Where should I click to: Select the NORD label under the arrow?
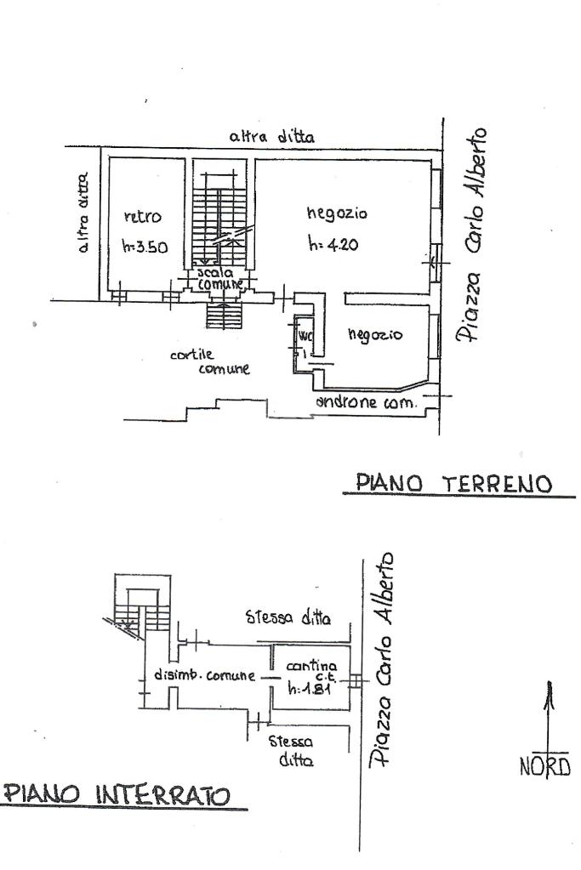(x=545, y=767)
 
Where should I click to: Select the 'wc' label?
(x=305, y=336)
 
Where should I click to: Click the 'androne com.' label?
(x=365, y=402)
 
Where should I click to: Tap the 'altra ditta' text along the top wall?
(x=271, y=135)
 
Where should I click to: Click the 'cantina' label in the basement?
(x=311, y=666)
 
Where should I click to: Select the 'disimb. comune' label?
(x=204, y=676)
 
